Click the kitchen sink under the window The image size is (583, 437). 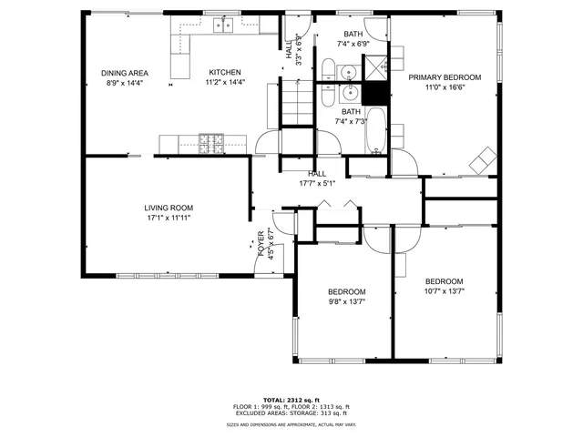223,25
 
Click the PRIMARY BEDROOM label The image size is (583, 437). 445,77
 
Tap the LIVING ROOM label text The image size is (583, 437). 169,208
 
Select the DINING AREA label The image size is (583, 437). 124,73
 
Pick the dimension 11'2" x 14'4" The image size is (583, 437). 224,83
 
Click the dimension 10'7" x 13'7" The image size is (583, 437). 445,291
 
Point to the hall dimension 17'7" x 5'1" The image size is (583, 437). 317,183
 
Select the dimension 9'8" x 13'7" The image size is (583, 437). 347,302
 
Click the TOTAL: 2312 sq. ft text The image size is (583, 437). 292,400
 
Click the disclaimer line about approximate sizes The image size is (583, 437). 292,424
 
